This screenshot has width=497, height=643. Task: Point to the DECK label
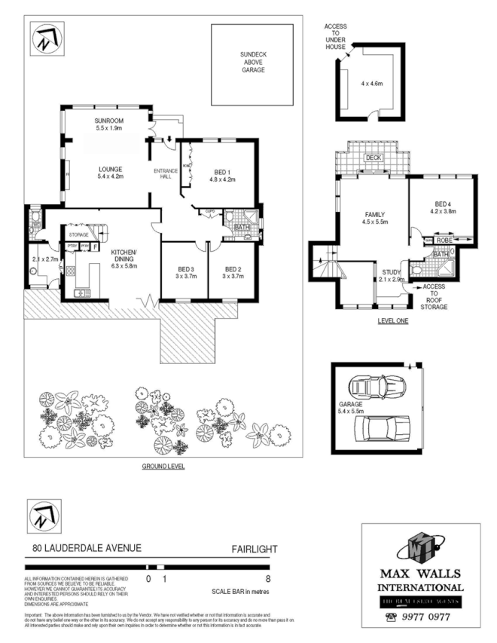372,158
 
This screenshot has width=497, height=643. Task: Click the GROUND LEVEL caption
163,467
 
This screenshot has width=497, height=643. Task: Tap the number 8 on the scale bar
268,579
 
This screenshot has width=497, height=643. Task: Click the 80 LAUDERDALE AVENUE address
86,550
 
